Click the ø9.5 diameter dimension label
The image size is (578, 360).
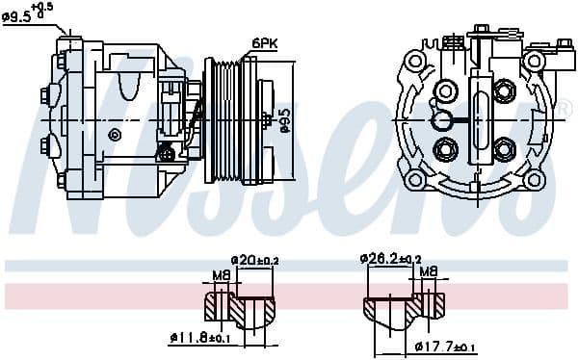(29, 13)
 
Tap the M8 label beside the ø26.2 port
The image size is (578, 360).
(429, 272)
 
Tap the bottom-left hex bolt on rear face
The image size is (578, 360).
(445, 149)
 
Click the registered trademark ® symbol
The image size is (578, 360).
(567, 109)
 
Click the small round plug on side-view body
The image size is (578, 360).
(115, 134)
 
